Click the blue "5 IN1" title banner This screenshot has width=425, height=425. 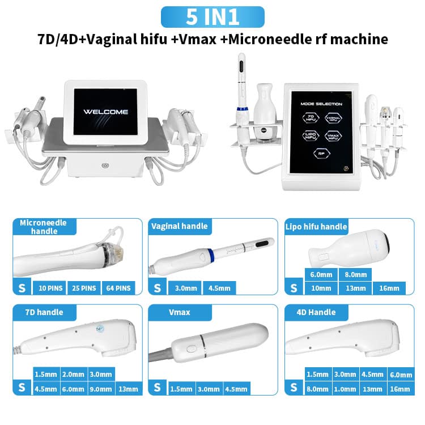212,17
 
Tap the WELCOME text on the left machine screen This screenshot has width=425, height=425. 106,112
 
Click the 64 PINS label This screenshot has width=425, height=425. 118,288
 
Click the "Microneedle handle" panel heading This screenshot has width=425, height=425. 43,227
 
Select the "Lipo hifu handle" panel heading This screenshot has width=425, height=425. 316,227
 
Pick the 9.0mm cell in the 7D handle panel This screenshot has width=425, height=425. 101,389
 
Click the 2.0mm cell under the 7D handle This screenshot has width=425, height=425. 74,374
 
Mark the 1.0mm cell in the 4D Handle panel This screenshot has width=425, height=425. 345,389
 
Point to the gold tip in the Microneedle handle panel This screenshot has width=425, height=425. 114,249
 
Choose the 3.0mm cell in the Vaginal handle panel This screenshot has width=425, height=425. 184,288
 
